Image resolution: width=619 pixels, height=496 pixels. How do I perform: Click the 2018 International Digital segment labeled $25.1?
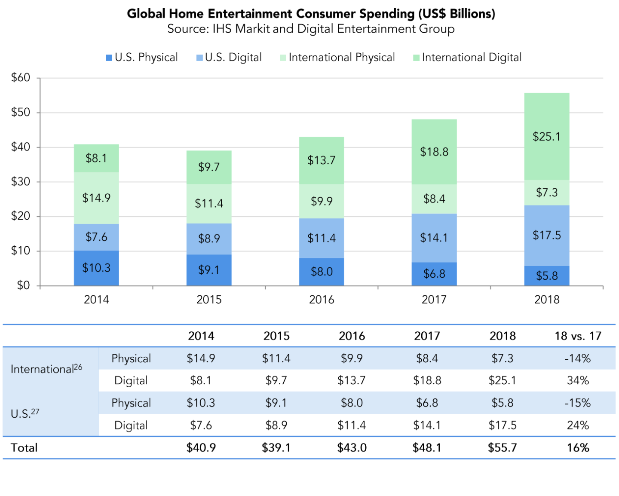pyautogui.click(x=546, y=137)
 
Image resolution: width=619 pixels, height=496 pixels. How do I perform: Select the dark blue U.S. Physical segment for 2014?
pyautogui.click(x=96, y=268)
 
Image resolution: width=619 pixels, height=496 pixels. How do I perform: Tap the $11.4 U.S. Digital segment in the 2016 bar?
pyautogui.click(x=322, y=238)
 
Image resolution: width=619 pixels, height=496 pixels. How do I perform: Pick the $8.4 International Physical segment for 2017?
pyautogui.click(x=434, y=199)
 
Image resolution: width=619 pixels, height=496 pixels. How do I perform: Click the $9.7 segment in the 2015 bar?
pyautogui.click(x=209, y=167)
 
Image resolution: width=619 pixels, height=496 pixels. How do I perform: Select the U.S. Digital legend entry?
pyautogui.click(x=229, y=58)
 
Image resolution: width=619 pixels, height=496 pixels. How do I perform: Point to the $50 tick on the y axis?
pyautogui.click(x=21, y=113)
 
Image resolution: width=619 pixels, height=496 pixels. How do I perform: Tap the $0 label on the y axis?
pyautogui.click(x=23, y=285)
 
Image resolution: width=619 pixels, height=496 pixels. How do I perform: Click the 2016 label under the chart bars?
pyautogui.click(x=322, y=300)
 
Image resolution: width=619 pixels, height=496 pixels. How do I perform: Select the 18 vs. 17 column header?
pyautogui.click(x=578, y=336)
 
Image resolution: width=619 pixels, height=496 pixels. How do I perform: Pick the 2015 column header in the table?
pyautogui.click(x=276, y=336)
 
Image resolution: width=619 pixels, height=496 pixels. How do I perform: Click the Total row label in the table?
pyautogui.click(x=25, y=448)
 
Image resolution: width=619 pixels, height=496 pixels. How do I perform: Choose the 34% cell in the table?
pyautogui.click(x=578, y=381)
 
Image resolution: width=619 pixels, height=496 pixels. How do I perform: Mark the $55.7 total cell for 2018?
pyautogui.click(x=502, y=448)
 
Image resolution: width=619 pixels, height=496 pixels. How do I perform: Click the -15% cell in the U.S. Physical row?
pyautogui.click(x=578, y=403)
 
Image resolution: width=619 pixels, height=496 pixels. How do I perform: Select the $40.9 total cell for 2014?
pyautogui.click(x=201, y=448)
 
